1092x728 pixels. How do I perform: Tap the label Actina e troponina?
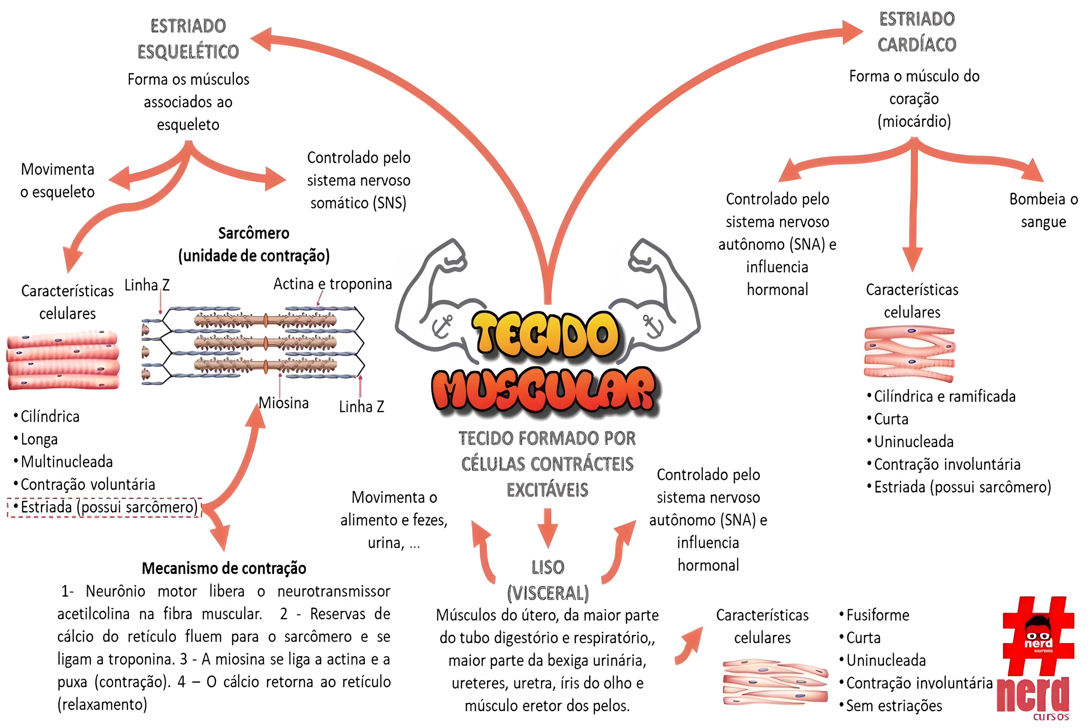(x=332, y=284)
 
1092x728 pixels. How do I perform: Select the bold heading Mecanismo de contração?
(x=224, y=568)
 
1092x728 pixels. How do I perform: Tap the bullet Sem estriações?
(x=894, y=706)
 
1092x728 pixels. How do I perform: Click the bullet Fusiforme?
(x=877, y=615)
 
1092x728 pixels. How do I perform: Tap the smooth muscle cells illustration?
(x=774, y=682)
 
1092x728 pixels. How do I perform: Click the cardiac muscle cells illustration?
(x=909, y=353)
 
